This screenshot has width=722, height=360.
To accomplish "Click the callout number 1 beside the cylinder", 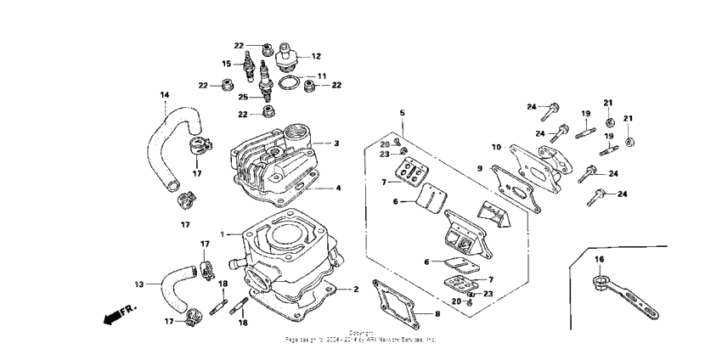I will (x=223, y=233).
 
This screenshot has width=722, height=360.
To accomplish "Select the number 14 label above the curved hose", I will (x=165, y=95).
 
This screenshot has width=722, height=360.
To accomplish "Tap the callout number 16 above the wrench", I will (x=599, y=258).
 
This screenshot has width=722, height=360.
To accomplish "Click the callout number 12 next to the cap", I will (x=316, y=56).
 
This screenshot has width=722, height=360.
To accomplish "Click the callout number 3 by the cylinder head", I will (x=336, y=143).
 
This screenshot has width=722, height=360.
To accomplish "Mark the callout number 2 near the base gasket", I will (x=356, y=290).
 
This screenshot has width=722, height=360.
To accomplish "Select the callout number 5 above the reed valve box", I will (x=403, y=113).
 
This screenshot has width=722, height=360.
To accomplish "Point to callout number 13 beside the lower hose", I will (x=138, y=284).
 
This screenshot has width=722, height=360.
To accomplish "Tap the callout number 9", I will (x=479, y=168).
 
